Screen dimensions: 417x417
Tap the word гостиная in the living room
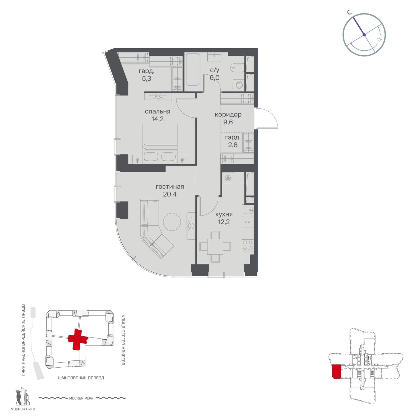coord(170,187)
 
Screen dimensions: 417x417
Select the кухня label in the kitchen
coord(224,214)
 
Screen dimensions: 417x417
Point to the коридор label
coord(228,115)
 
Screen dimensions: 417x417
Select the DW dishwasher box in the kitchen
coord(248,222)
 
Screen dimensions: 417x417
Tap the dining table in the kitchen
coord(215,247)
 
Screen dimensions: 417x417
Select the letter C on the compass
coord(350,12)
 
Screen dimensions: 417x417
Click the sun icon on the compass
coord(379,40)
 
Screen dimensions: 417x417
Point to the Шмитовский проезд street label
coord(81,378)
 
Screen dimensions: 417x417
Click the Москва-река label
coord(81,398)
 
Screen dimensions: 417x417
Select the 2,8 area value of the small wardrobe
coord(233,145)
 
